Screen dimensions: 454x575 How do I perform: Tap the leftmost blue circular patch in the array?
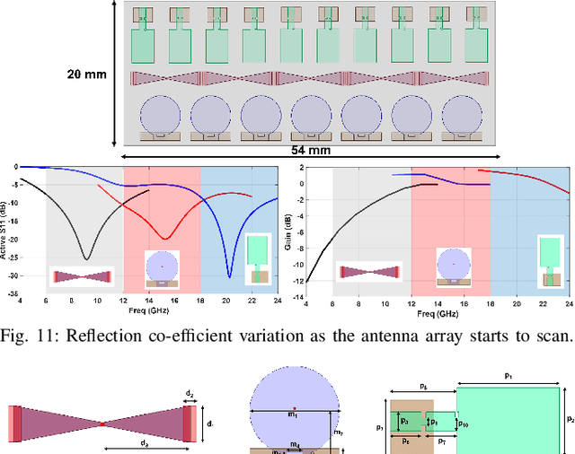(164, 114)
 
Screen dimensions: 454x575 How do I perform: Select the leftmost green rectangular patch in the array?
(144, 44)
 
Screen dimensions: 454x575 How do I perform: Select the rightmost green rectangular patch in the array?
(476, 44)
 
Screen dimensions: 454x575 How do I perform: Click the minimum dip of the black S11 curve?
(85, 258)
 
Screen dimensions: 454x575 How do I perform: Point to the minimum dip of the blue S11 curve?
(229, 276)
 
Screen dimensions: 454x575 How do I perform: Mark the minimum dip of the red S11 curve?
(164, 238)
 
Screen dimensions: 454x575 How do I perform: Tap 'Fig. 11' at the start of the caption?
(26, 336)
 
